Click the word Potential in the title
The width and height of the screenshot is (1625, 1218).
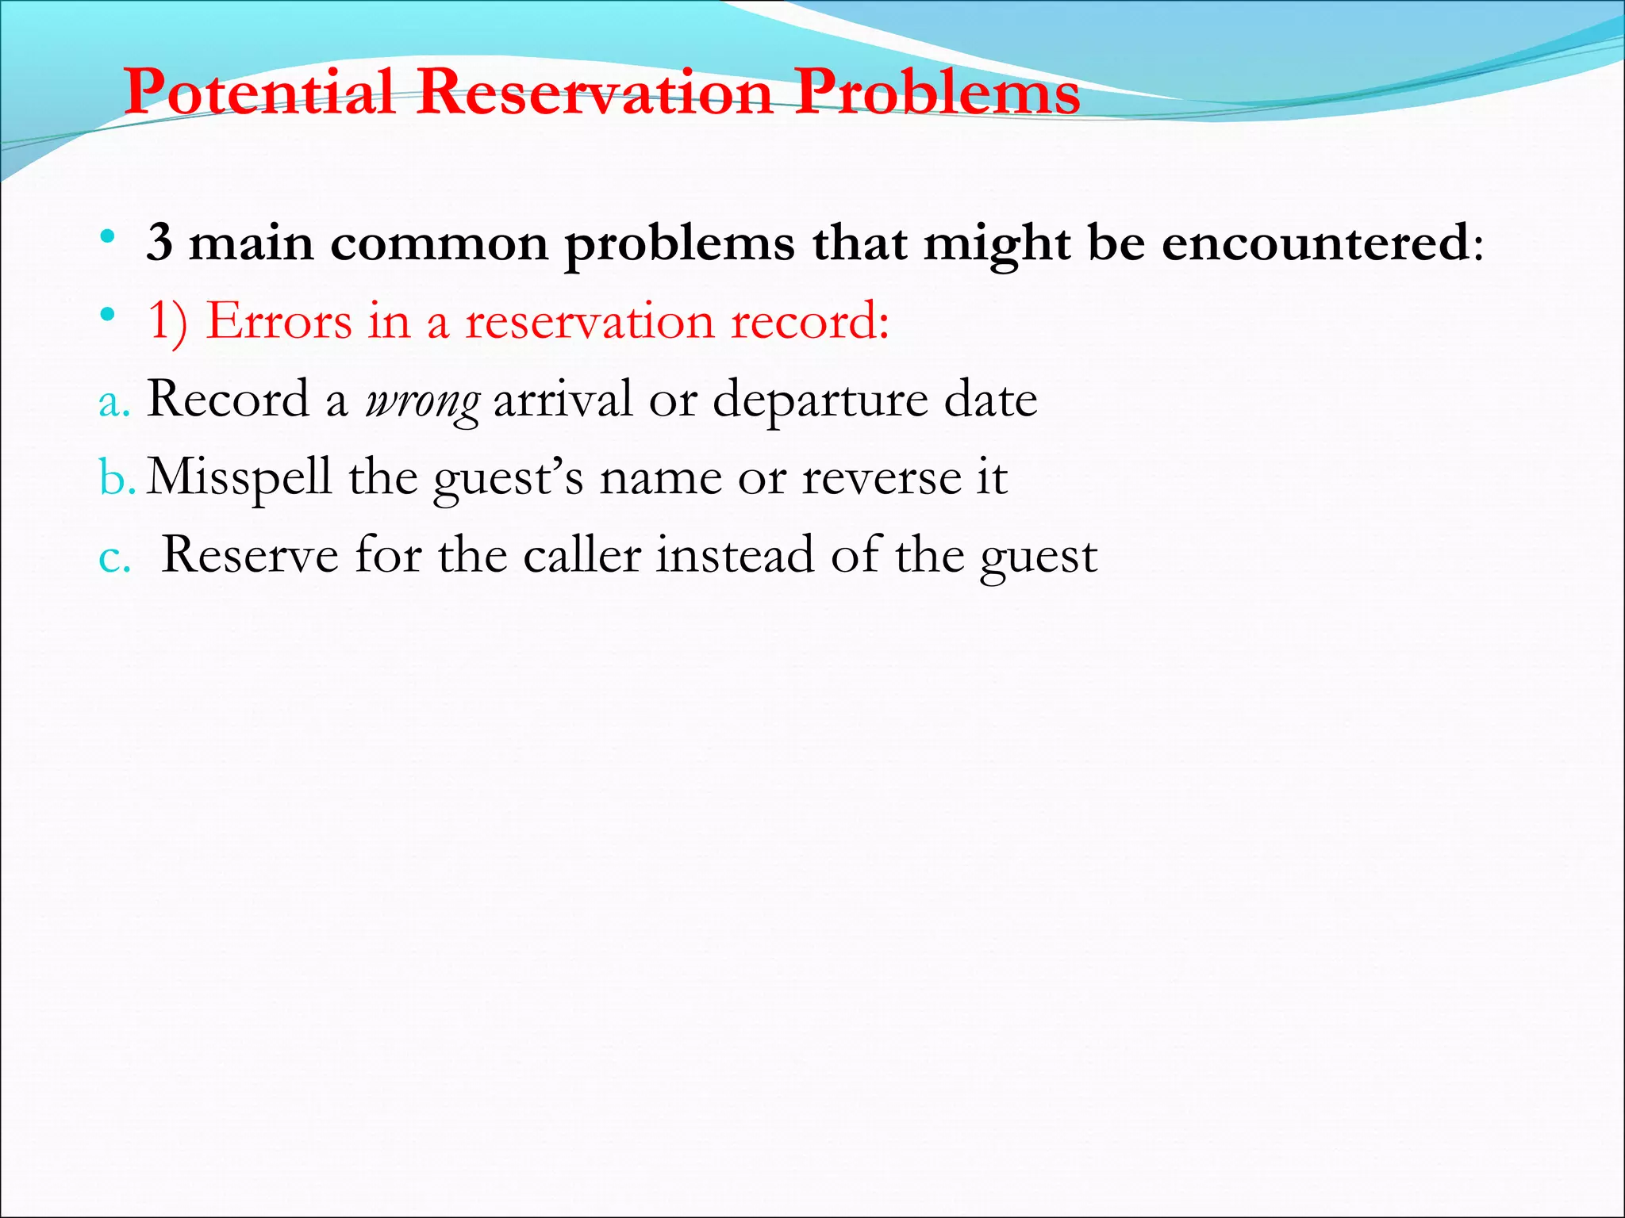259,92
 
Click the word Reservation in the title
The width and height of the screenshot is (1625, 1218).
595,92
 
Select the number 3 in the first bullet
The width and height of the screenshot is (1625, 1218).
159,243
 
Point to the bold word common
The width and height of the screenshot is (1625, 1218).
439,243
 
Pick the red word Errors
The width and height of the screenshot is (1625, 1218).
279,321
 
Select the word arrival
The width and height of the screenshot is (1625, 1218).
563,399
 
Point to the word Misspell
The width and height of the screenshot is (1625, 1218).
239,478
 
